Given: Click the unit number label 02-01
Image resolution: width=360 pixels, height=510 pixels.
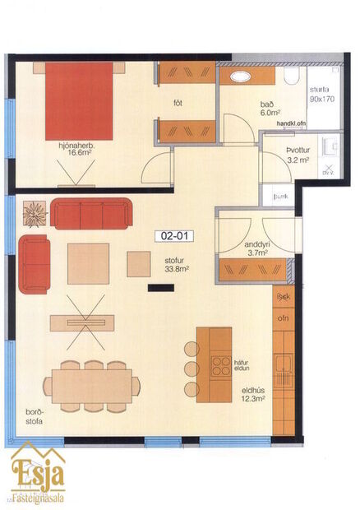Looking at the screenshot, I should click(x=175, y=235).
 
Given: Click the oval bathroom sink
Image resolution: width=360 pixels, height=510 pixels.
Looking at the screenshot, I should click(x=242, y=76).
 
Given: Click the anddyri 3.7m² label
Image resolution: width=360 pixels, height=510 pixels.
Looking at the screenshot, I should click(x=241, y=249).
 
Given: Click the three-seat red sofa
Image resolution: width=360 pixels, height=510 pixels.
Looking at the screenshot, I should click(x=90, y=213).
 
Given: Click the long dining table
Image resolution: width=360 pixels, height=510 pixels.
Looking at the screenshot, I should click(x=91, y=384).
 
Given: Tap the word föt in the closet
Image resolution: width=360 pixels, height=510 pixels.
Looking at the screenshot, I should click(x=178, y=103).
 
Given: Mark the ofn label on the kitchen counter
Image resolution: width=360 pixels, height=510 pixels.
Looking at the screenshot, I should click(x=284, y=318).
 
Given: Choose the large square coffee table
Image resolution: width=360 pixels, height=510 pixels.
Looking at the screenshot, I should click(x=89, y=263).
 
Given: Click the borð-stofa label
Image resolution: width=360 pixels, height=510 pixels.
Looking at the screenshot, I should click(x=33, y=416).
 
